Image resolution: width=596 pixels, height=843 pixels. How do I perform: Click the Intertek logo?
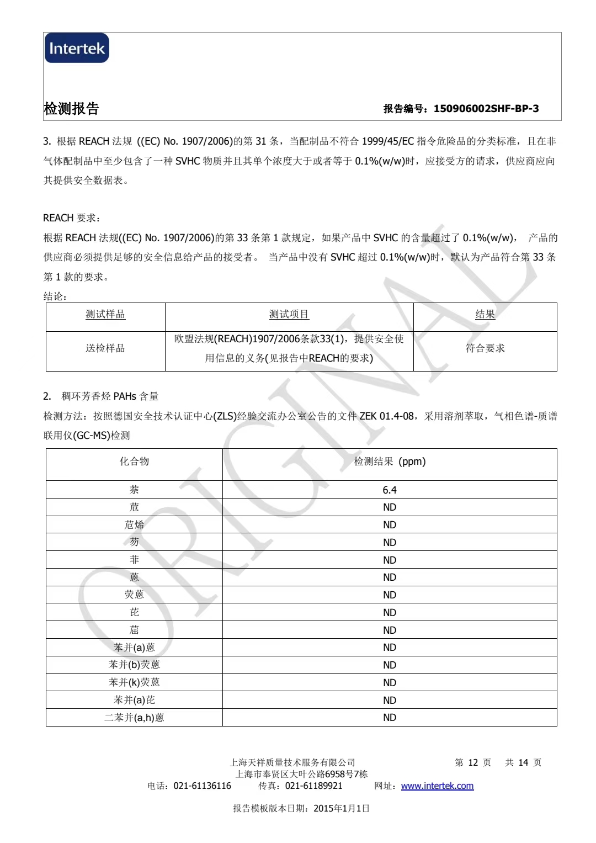point(77,49)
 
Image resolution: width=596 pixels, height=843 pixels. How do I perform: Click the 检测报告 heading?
point(71,109)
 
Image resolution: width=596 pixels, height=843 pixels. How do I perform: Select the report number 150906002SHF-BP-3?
point(486,109)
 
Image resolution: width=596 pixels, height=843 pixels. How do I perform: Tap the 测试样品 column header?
point(105,315)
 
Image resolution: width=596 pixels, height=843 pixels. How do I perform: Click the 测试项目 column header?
point(289,315)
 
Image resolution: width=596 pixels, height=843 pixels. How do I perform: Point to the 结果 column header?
point(485,315)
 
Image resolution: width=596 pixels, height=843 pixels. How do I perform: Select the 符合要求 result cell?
point(485,348)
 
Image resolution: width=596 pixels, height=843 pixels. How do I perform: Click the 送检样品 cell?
point(105,348)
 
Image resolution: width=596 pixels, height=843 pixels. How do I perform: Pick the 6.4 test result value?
point(390,490)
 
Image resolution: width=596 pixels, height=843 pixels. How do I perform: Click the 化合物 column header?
point(134,462)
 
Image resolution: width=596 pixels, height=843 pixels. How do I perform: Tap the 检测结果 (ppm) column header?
point(390,462)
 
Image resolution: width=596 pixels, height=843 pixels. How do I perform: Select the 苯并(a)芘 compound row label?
point(134,700)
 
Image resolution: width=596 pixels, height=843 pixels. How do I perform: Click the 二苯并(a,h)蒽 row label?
point(134,718)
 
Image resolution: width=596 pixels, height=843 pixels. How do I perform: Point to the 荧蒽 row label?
point(134,595)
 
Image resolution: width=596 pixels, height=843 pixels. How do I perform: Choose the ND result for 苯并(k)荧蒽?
point(390,682)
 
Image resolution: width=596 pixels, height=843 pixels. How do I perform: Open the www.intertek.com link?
point(437,786)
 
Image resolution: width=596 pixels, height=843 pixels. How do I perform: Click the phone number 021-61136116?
point(202,786)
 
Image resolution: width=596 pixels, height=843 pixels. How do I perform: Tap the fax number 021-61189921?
point(313,786)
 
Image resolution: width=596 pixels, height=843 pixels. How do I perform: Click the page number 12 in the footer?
point(473,762)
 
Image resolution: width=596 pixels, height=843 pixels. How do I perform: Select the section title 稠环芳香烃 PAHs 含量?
point(110,396)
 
